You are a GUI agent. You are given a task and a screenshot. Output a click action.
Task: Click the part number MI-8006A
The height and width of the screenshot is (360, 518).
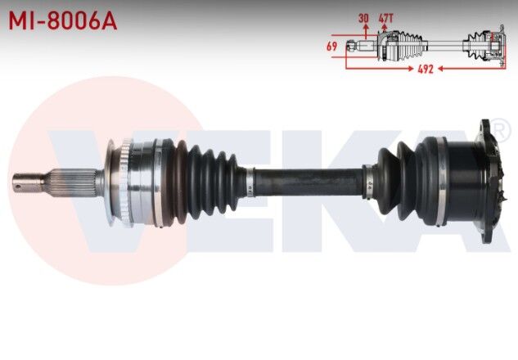point(63,20)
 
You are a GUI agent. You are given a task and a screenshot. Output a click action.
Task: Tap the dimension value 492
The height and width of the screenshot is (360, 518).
point(425,70)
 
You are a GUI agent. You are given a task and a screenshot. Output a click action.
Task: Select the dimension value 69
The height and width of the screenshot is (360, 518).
point(331,47)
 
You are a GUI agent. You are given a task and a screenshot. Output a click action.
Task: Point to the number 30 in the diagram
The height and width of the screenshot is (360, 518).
point(363,17)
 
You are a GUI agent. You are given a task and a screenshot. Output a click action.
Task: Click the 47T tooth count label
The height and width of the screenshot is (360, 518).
point(385,17)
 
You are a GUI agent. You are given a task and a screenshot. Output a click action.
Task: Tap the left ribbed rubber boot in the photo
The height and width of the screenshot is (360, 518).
point(205,180)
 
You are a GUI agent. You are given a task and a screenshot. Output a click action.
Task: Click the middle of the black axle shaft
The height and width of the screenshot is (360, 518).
point(307,179)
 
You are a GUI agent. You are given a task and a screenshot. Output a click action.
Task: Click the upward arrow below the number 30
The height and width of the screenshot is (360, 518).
point(363,29)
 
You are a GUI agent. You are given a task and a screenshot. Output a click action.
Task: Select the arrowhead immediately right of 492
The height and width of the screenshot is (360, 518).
point(439,70)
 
